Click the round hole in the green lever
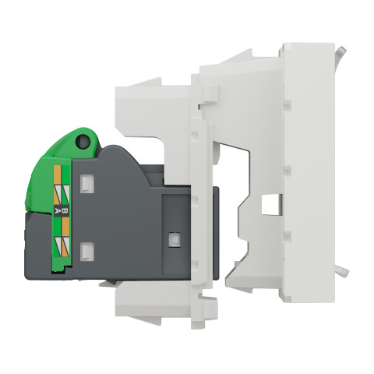[x=83, y=142]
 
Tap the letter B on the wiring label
[x=65, y=210]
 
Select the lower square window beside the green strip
[x=86, y=251]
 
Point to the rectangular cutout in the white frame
[x=271, y=205]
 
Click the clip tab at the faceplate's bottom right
[x=342, y=272]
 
